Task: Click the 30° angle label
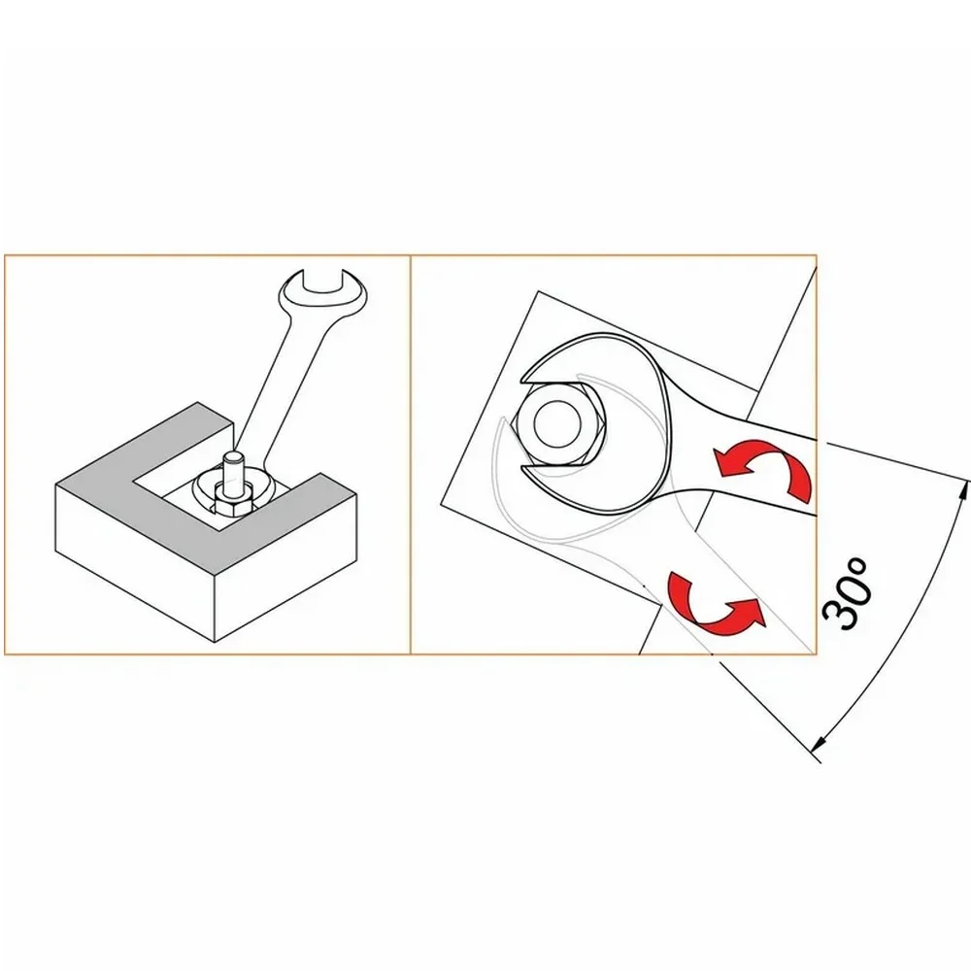(x=846, y=592)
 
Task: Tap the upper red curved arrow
(x=762, y=466)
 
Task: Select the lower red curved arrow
(x=718, y=606)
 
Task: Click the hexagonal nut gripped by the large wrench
(x=557, y=425)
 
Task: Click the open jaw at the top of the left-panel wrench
(x=322, y=283)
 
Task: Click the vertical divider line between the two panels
(x=411, y=454)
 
